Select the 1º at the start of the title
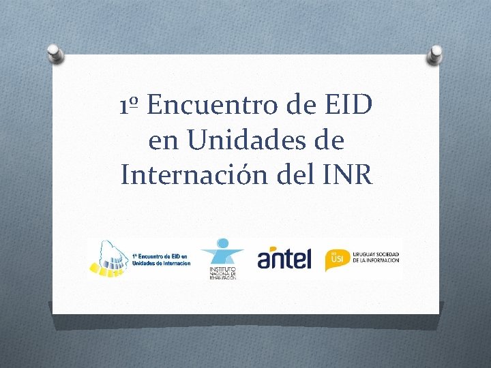coord(130,107)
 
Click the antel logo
coord(284,258)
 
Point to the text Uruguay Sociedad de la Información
coord(375,257)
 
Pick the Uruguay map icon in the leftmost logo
coord(109,258)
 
